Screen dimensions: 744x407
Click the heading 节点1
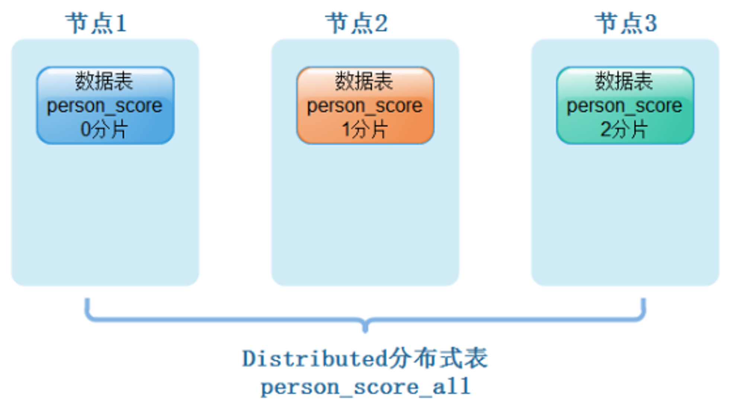96,23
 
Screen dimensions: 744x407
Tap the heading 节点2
356,23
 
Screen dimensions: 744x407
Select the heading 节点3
626,23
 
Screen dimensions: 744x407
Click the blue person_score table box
105,105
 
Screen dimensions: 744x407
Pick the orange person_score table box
365,105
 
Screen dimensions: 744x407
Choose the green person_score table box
625,105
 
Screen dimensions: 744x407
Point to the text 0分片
104,129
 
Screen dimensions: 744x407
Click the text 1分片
365,129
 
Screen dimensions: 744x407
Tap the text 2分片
624,129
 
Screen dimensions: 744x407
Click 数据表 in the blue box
104,81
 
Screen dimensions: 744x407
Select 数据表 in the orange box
364,81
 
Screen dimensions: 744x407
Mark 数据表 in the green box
624,81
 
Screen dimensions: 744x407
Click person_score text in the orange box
365,106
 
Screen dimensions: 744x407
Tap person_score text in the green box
624,106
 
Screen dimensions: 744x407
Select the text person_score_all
366,387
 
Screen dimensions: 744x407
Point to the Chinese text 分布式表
437,358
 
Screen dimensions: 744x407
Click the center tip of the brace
365,331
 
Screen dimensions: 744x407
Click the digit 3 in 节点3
651,23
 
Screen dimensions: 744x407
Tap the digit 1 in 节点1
121,23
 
